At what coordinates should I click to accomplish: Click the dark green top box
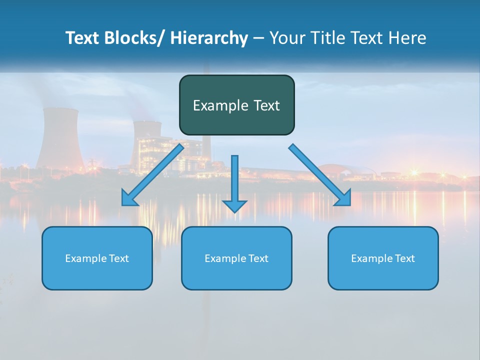tap(236, 105)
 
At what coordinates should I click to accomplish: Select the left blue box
tap(97, 258)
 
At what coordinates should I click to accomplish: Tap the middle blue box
tap(236, 258)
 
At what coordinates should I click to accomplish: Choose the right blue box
tap(383, 258)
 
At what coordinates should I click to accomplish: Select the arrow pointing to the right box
tap(319, 174)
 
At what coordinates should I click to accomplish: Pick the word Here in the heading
tap(408, 38)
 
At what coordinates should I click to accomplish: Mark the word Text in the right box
tap(405, 258)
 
